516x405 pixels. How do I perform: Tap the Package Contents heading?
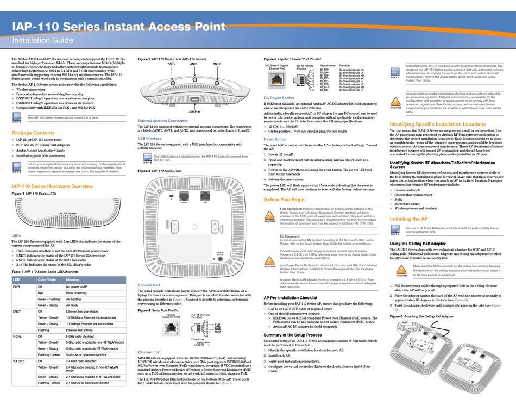pos(33,133)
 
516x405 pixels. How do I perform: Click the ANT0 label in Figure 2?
pos(172,64)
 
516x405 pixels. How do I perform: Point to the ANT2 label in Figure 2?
pos(217,64)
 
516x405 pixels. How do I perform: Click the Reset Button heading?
pos(276,139)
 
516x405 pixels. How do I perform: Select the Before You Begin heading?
pos(284,200)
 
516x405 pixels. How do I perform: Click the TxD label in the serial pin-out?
pos(217,323)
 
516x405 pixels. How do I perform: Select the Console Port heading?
pos(149,284)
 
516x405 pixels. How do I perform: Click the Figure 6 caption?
pos(423,316)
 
